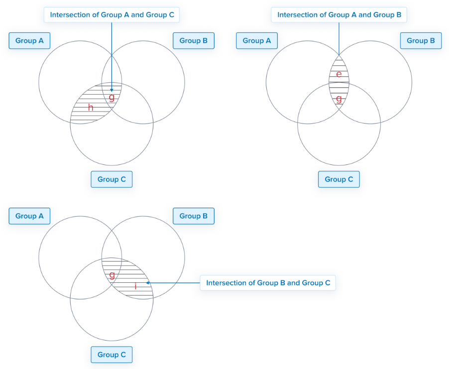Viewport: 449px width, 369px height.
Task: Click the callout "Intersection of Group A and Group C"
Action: [x=112, y=15]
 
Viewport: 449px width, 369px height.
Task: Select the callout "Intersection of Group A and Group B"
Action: [x=339, y=15]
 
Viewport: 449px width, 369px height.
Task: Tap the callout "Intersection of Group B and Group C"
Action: [x=268, y=283]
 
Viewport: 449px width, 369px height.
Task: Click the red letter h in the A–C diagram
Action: [x=91, y=108]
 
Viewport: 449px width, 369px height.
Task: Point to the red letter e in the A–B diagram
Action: [x=339, y=75]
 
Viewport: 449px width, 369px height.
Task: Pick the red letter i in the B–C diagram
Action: [x=135, y=286]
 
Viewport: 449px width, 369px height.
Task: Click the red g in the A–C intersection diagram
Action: [x=112, y=97]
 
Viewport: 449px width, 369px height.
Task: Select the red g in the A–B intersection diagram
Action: [x=339, y=99]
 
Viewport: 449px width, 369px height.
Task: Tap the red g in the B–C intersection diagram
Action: [x=112, y=274]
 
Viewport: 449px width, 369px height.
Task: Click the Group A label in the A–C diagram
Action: [x=29, y=41]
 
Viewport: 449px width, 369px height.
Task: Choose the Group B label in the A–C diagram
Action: [x=194, y=41]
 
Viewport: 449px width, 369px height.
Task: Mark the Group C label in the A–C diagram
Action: [x=112, y=179]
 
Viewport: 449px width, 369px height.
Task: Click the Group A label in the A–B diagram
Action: [x=257, y=41]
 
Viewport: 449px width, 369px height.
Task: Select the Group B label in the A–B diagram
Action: [x=421, y=41]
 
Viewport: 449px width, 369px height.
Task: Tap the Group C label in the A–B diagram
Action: [x=339, y=179]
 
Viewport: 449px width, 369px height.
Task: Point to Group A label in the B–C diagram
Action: [x=29, y=216]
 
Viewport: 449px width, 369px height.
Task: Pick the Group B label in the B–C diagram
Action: [x=194, y=216]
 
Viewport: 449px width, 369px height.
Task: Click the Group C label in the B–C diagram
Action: [x=112, y=355]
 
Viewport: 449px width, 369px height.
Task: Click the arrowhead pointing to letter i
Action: [x=148, y=283]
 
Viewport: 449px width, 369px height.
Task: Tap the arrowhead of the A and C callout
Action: [x=112, y=90]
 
